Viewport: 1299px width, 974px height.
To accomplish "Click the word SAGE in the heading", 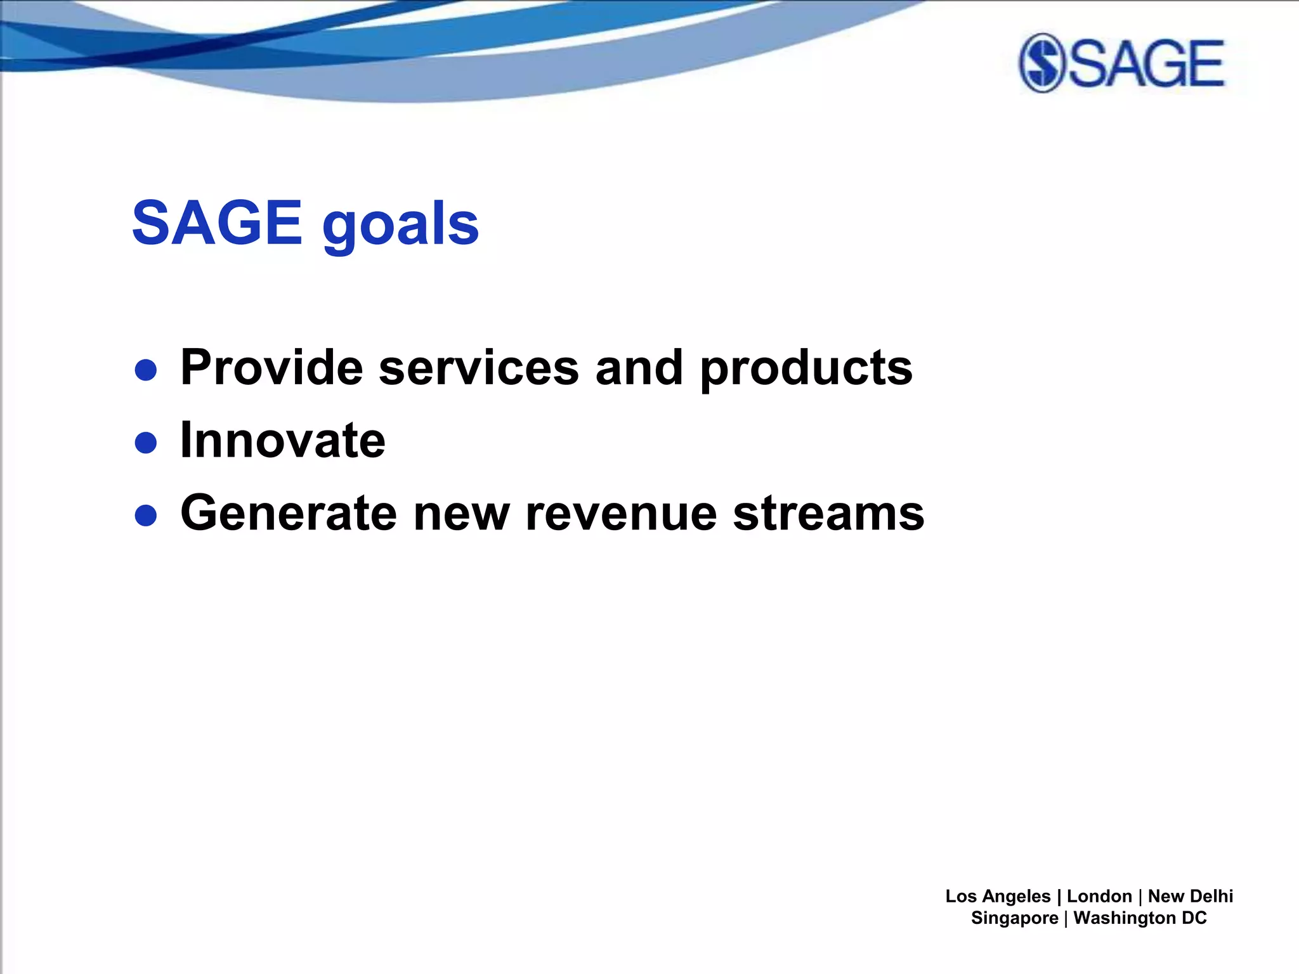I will point(216,223).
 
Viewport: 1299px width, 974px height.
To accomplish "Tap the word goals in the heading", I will point(400,225).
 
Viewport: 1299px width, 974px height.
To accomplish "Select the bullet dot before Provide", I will point(146,370).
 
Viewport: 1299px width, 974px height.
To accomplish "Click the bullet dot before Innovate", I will point(146,443).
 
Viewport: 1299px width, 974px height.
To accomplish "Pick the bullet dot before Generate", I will point(146,516).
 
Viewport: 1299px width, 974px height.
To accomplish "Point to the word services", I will point(479,368).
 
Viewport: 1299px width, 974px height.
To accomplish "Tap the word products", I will point(806,369).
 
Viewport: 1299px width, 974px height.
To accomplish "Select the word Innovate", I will point(283,440).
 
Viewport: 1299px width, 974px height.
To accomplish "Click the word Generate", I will point(289,513).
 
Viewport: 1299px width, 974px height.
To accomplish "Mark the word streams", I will point(828,513).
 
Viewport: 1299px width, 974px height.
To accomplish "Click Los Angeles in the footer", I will point(998,896).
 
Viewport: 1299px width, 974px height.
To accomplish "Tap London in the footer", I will point(1099,896).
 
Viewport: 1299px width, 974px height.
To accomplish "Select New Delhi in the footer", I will point(1190,896).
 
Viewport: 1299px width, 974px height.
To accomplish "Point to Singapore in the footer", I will point(1014,918).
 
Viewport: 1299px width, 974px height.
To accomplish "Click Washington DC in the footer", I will point(1140,918).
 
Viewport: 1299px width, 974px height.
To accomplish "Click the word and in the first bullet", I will point(639,368).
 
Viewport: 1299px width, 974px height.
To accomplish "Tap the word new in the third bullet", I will point(461,513).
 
